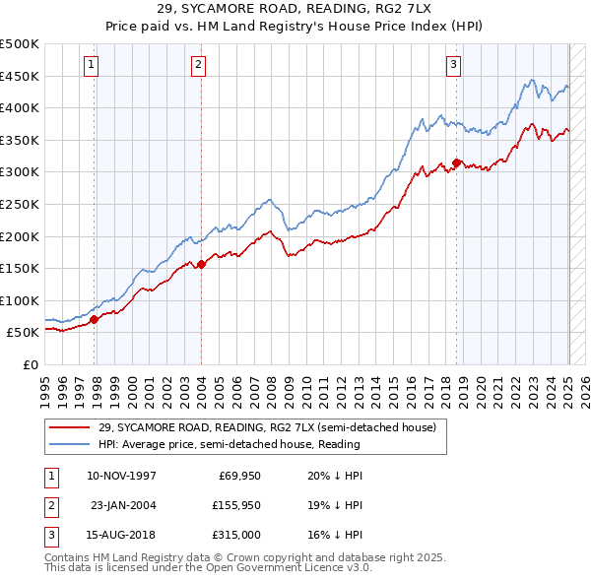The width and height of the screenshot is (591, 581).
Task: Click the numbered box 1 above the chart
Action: coord(90,65)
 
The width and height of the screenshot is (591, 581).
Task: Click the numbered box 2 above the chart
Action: coord(198,65)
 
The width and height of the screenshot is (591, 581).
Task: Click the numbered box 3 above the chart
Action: coord(453,65)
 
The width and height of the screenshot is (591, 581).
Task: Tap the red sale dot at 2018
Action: coord(456,162)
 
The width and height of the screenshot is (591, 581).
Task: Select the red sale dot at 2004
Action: coord(201,264)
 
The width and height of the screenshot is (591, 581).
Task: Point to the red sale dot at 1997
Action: coord(95,319)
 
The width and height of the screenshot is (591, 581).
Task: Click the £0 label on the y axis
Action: coord(30,364)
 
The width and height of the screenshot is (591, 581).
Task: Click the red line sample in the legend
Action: coord(70,426)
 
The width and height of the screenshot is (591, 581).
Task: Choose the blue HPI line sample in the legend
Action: coord(70,444)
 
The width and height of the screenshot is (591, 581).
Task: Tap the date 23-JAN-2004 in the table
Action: coord(123,506)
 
